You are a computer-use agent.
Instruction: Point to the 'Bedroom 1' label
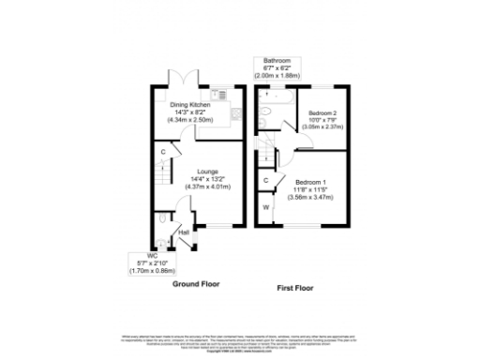tap(311, 181)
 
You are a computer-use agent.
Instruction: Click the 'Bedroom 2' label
tap(321, 112)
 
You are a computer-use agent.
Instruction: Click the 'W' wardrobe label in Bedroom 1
tap(266, 206)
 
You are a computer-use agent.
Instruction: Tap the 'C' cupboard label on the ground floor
tap(163, 153)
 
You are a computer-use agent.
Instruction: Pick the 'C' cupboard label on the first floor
tap(266, 180)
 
